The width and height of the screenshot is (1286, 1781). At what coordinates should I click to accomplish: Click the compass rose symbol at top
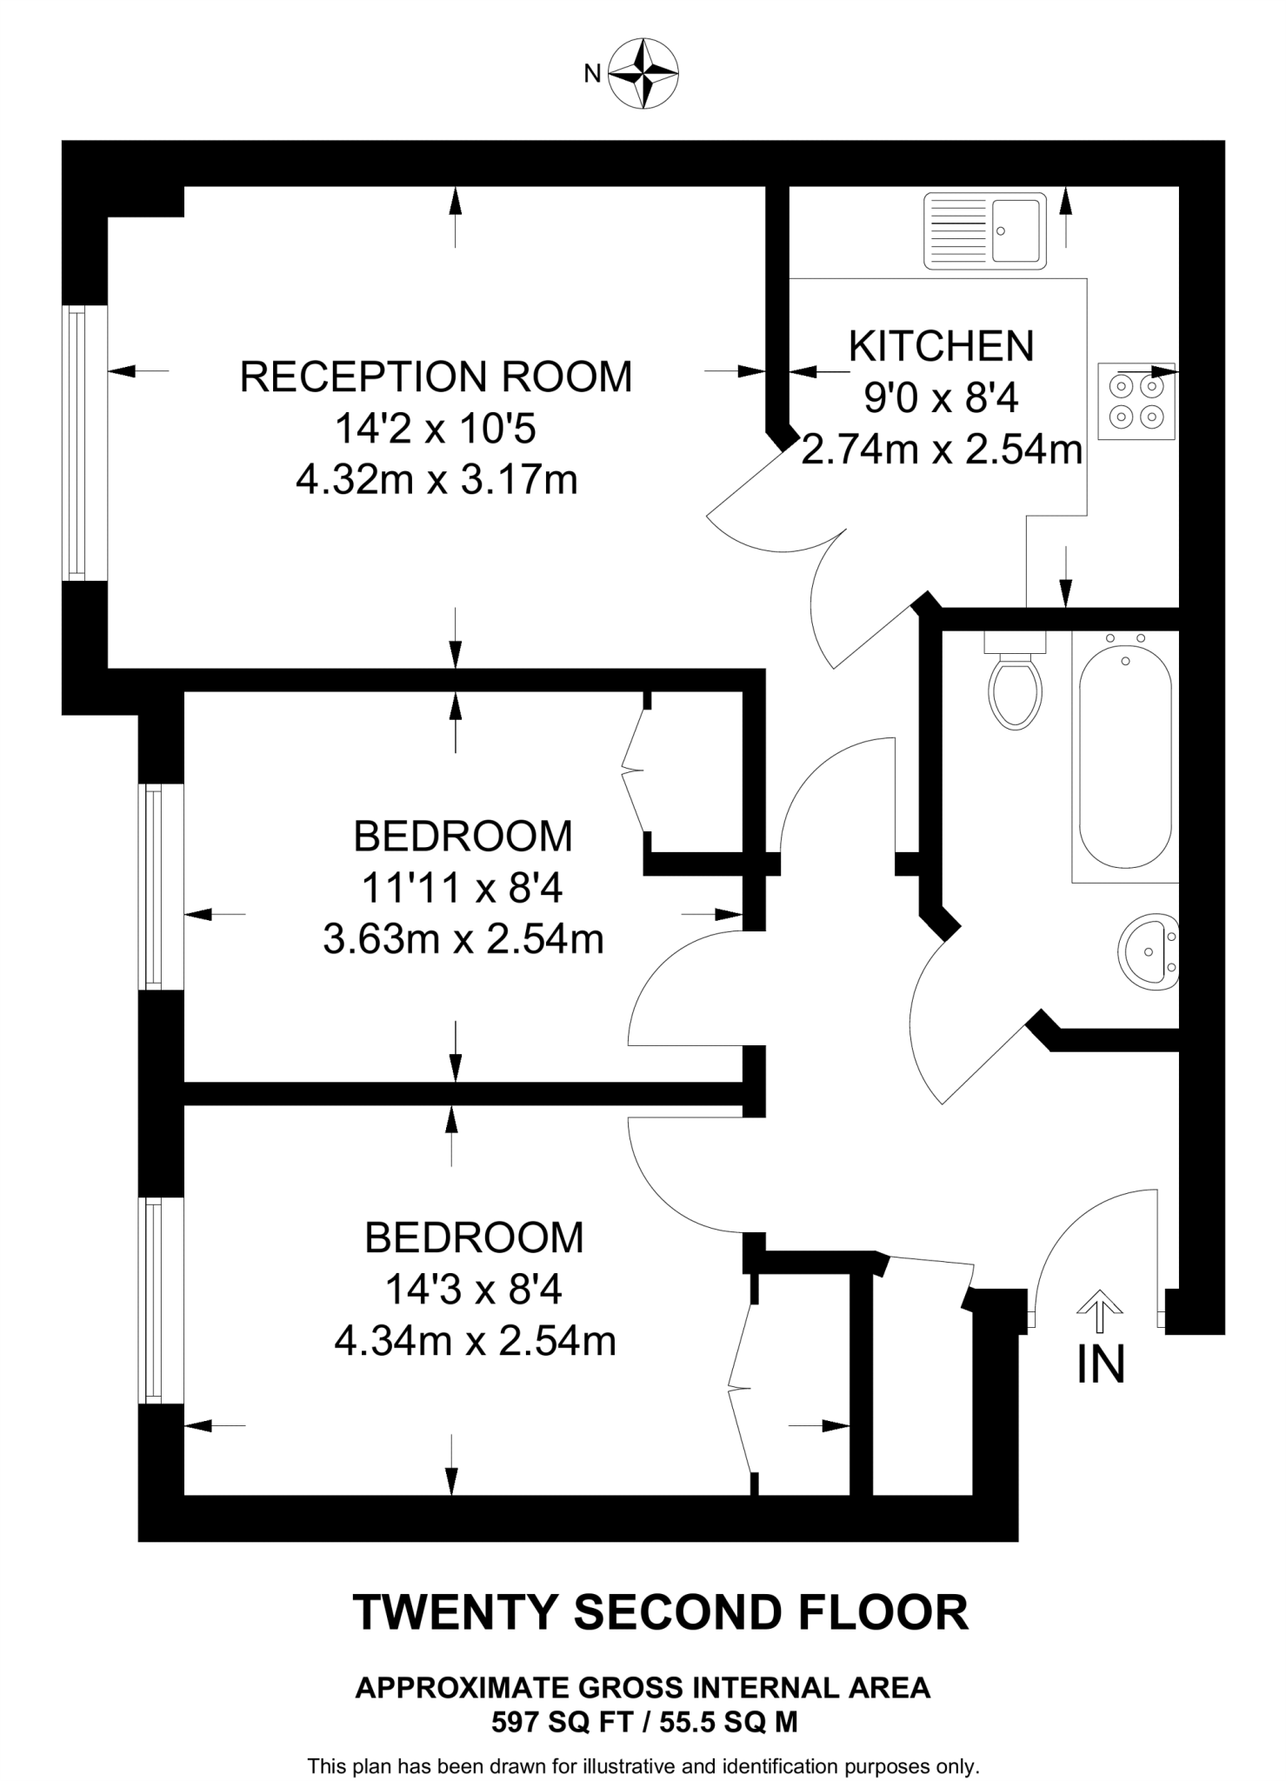(643, 73)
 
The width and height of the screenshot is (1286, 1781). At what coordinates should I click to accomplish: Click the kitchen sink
(984, 230)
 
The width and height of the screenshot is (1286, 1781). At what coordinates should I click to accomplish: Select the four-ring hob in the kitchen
(1136, 401)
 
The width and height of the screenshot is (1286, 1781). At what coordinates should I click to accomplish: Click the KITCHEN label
(941, 346)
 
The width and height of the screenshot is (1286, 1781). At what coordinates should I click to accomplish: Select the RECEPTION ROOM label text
(436, 377)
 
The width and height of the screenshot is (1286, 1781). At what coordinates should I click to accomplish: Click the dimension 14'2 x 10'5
(436, 429)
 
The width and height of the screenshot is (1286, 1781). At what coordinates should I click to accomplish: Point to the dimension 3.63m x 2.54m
(463, 939)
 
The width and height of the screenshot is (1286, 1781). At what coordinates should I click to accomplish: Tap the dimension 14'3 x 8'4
(474, 1290)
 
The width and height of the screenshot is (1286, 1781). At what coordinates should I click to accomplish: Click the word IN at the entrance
(1101, 1364)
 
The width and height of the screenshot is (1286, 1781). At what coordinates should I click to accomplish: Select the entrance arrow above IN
(1100, 1310)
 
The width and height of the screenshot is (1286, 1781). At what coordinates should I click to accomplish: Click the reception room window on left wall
(77, 444)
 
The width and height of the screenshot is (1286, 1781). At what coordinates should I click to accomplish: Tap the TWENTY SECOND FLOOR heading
(660, 1612)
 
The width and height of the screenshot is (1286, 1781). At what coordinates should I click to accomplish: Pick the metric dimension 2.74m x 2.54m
(941, 450)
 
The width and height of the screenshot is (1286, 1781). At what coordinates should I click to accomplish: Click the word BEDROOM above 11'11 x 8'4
(463, 837)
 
